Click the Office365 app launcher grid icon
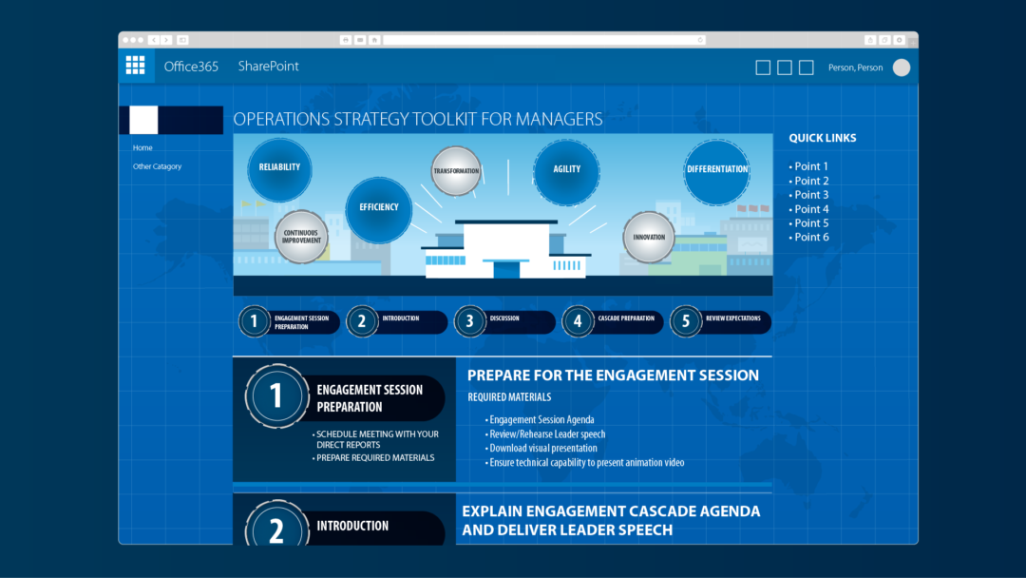click(x=136, y=66)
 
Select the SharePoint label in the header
click(x=268, y=67)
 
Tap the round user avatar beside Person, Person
click(x=901, y=67)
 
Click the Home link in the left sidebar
click(x=142, y=148)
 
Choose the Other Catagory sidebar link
click(x=157, y=166)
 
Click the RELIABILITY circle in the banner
click(x=279, y=169)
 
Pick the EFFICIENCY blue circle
click(x=379, y=209)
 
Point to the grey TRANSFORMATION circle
click(x=456, y=171)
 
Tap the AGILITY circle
click(x=566, y=171)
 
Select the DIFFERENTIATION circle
click(x=717, y=171)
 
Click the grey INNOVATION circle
click(x=649, y=237)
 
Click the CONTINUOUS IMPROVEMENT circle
click(x=301, y=237)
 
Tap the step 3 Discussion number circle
click(x=469, y=321)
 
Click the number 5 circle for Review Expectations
click(x=685, y=321)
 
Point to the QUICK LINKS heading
click(x=823, y=138)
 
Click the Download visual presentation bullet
click(x=541, y=449)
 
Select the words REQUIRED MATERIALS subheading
click(x=509, y=397)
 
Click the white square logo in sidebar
click(x=143, y=120)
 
